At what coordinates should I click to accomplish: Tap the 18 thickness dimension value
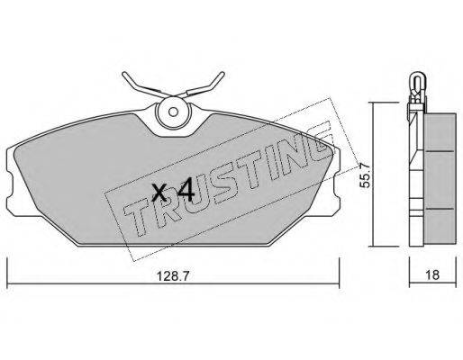click(432, 274)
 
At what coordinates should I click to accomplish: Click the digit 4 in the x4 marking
click(186, 189)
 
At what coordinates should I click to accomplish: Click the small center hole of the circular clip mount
click(173, 112)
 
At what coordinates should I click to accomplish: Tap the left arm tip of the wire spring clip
click(123, 74)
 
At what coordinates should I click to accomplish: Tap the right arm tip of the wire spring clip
click(222, 74)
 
